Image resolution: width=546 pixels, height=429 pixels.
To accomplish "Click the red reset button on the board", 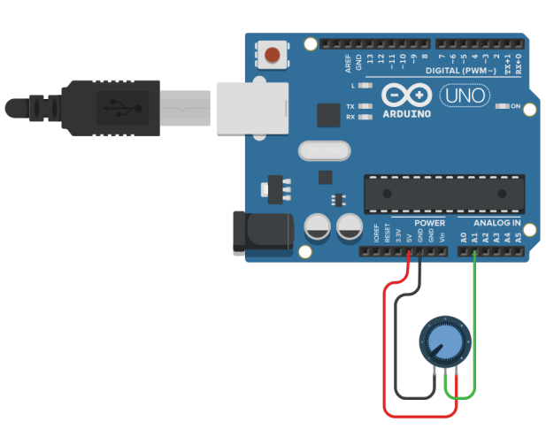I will click(273, 56).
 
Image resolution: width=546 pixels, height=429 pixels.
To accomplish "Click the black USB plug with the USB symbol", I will click(116, 109).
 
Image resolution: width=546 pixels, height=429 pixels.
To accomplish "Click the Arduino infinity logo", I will click(407, 96).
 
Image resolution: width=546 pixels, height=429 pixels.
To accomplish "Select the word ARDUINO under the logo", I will click(407, 113).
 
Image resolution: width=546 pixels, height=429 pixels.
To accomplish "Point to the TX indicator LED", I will click(362, 106).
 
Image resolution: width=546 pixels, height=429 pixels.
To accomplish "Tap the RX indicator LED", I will click(362, 117).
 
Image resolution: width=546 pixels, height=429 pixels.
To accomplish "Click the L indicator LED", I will click(362, 86).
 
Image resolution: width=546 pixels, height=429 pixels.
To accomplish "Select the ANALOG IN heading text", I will click(496, 223).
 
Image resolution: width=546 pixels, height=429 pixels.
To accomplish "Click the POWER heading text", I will click(430, 223).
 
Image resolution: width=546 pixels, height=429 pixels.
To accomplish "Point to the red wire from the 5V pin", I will click(384, 354).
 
